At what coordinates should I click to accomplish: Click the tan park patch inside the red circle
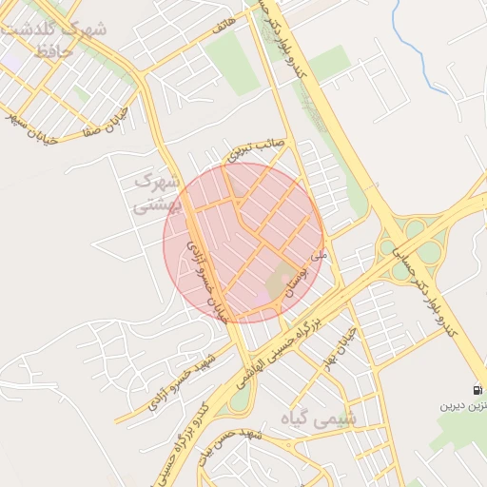pos(280,282)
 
